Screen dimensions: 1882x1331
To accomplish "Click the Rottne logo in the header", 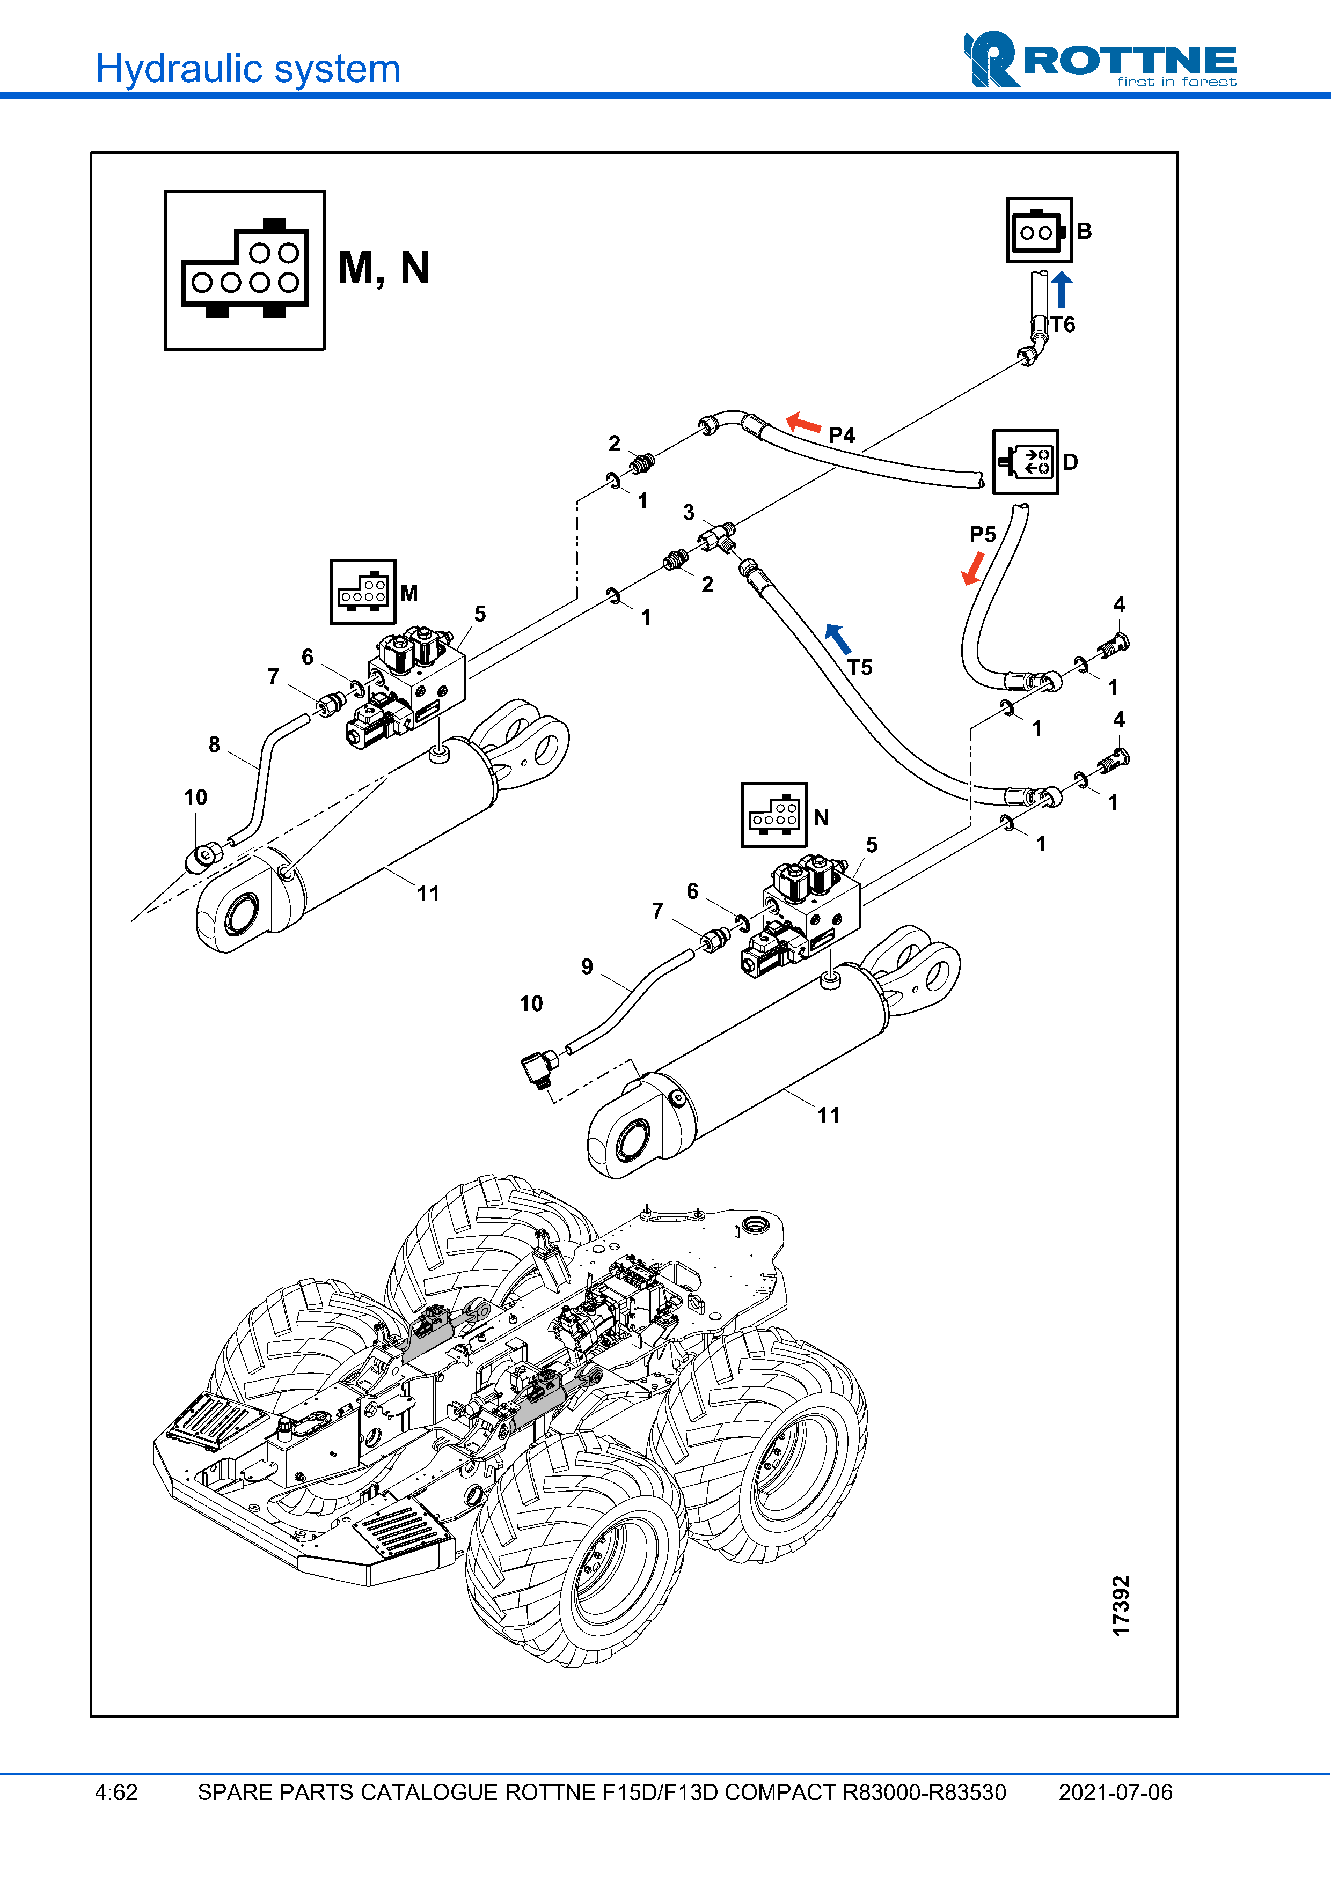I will point(1099,59).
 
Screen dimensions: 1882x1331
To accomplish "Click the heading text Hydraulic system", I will point(247,69).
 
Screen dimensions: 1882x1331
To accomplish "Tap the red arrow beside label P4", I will point(803,423).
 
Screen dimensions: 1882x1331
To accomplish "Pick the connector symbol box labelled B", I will point(1039,230).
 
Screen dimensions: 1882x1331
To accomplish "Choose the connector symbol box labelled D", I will point(1025,461).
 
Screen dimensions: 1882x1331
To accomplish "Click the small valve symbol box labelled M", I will point(362,592).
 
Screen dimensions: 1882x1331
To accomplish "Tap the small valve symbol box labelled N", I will point(773,815).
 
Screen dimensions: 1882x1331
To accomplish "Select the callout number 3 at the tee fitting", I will point(689,512).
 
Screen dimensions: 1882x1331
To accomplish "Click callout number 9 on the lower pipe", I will point(587,966).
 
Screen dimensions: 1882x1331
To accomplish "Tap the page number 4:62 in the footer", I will point(116,1792).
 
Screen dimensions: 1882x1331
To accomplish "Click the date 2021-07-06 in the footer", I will point(1115,1792).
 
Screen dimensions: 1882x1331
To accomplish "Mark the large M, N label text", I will point(384,268).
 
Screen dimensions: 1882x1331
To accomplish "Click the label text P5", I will point(983,534).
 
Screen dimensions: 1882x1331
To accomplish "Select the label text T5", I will point(859,667).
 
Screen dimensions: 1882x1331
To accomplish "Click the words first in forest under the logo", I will point(1176,82).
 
